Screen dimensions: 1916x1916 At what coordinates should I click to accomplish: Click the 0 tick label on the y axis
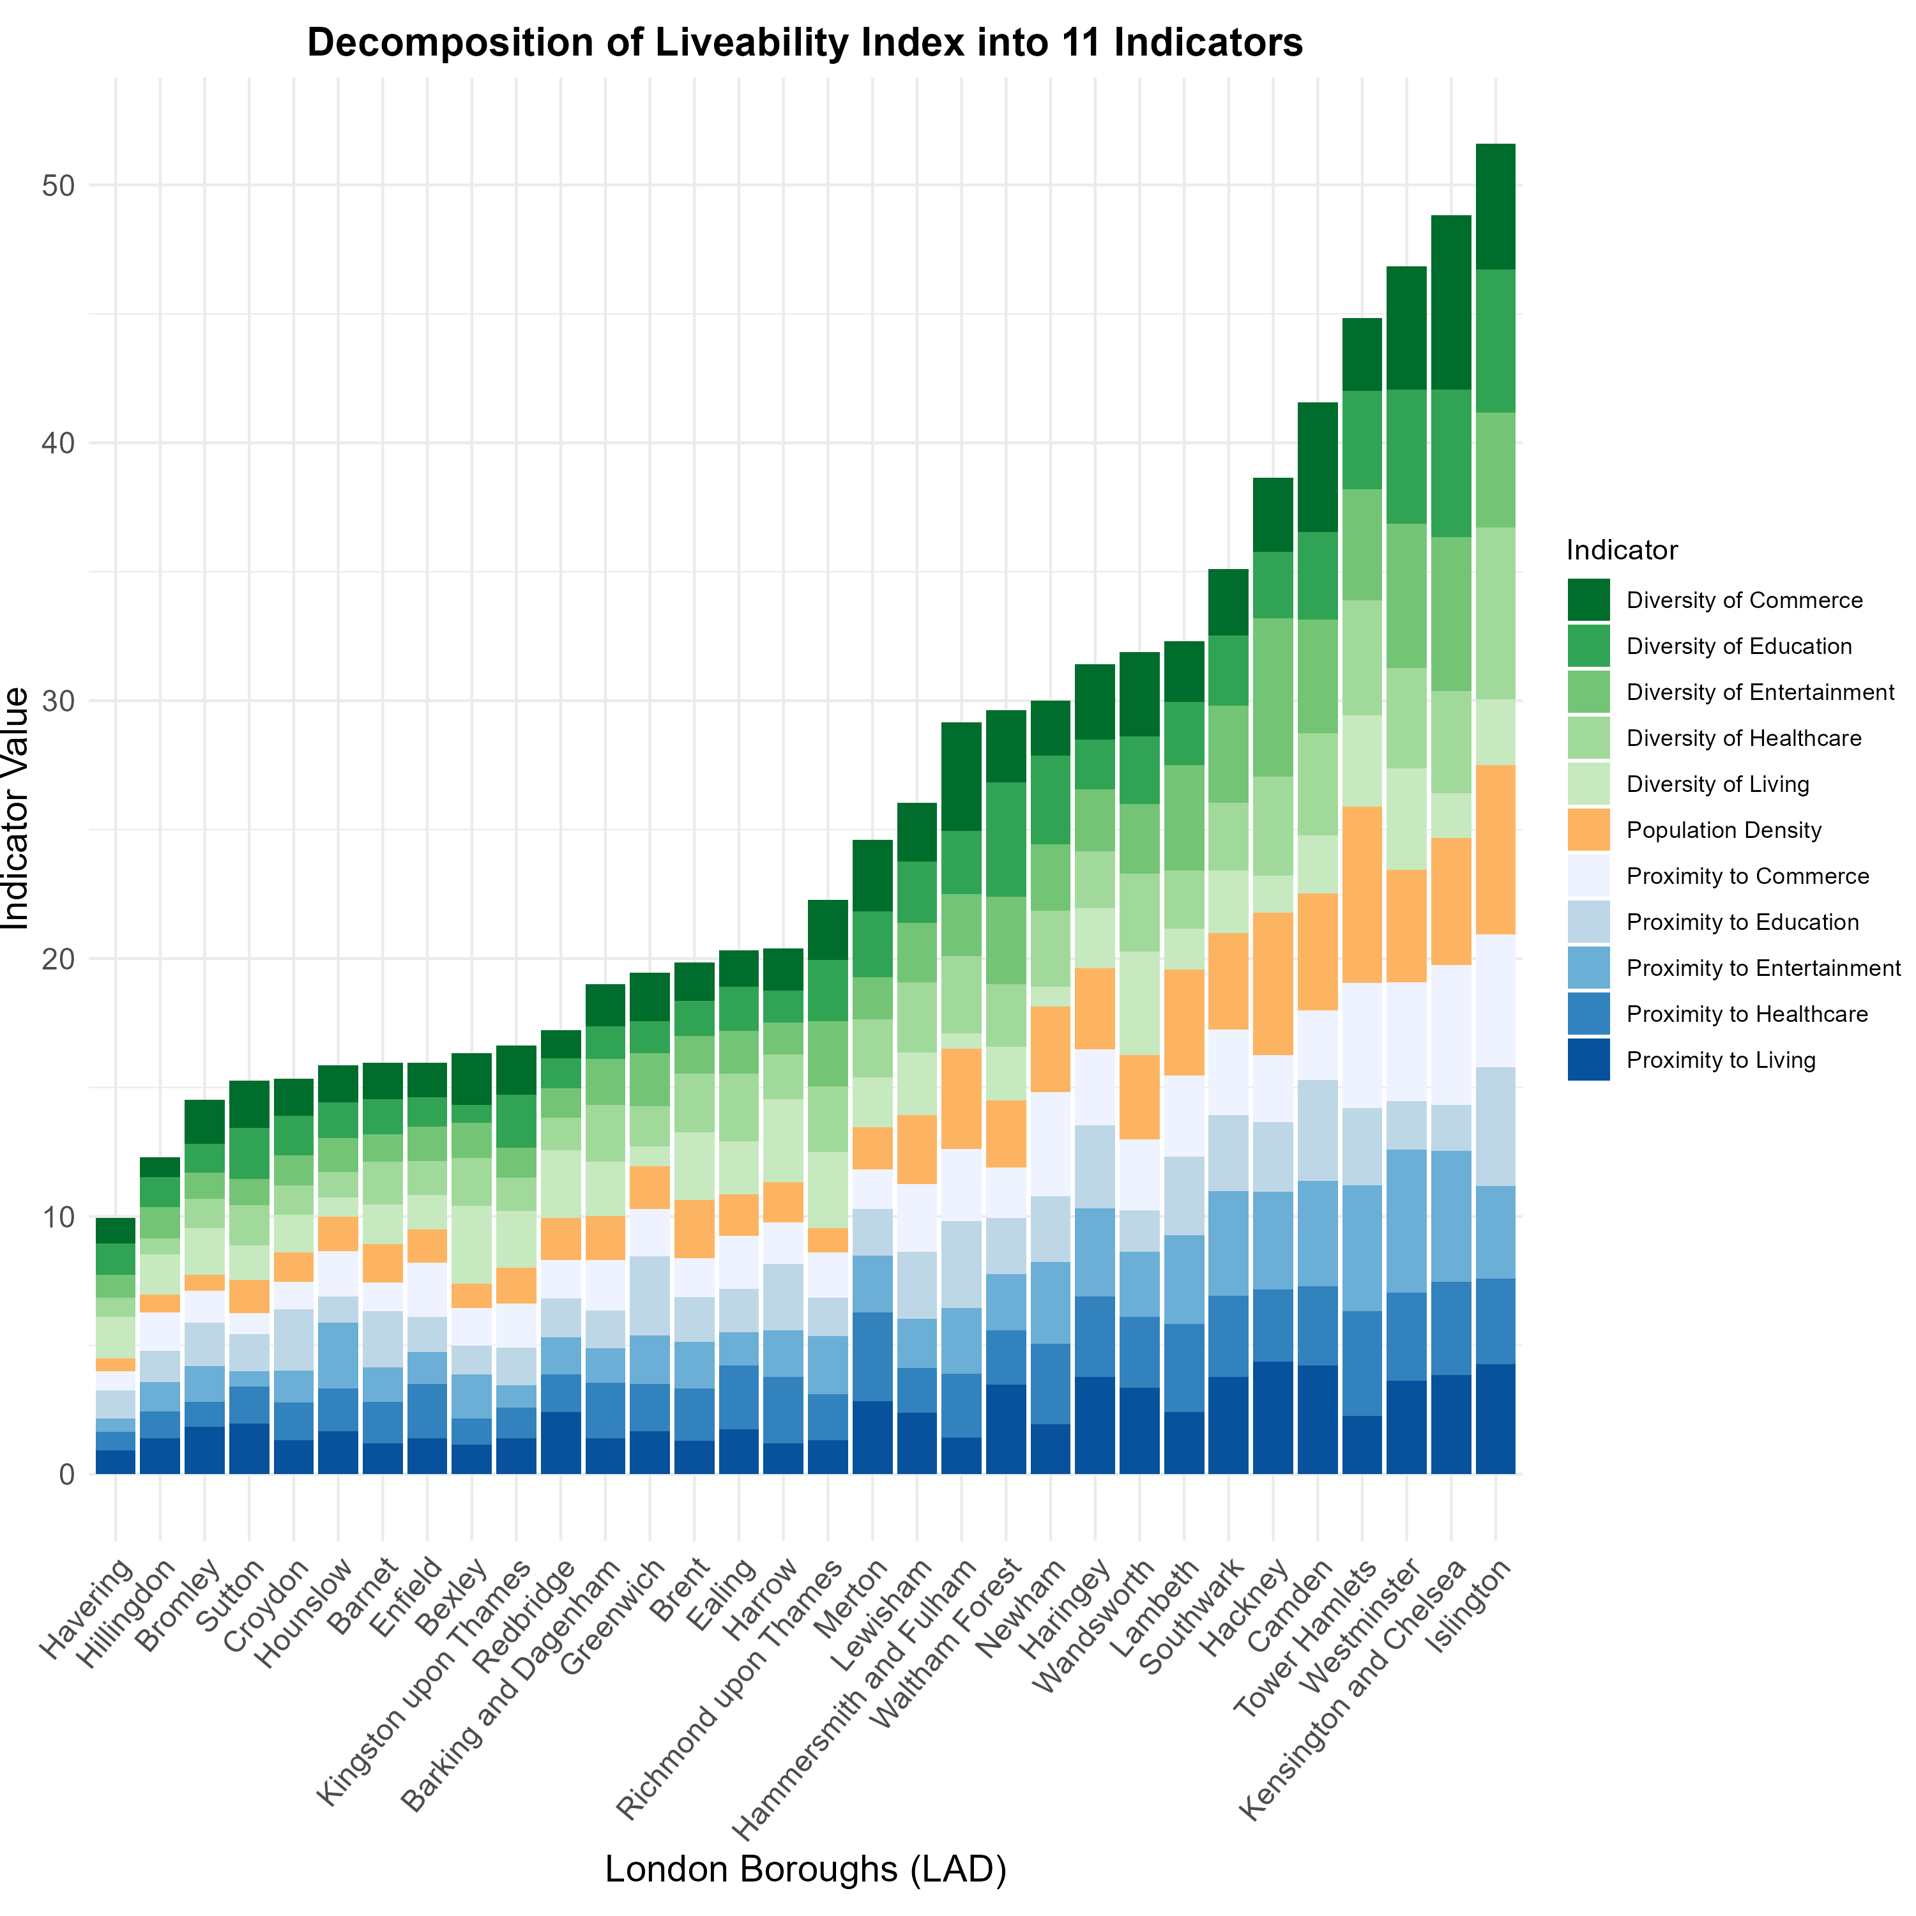[x=66, y=1475]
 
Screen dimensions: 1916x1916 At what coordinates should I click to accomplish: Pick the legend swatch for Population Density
[x=1589, y=830]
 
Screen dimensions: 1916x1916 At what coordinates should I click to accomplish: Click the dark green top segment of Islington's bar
[x=1496, y=206]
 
